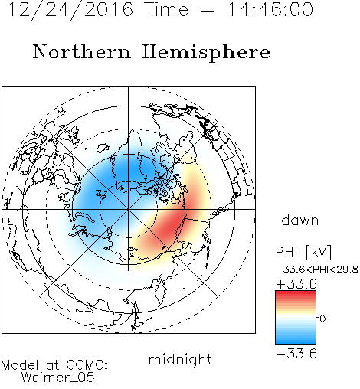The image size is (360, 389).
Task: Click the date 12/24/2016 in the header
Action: [70, 10]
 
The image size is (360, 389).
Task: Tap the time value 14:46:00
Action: [270, 10]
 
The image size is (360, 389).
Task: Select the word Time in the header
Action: [166, 10]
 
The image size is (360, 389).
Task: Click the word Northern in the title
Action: [82, 52]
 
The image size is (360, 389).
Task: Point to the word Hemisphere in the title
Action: [206, 52]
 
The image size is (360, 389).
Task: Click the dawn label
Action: [300, 220]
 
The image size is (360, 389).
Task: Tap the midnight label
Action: [180, 359]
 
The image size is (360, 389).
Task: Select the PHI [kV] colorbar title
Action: [303, 252]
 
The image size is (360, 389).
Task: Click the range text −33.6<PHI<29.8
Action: [317, 270]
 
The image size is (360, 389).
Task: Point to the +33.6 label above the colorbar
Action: [296, 284]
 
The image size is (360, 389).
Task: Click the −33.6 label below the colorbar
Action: [296, 354]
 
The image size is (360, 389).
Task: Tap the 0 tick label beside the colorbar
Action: [322, 319]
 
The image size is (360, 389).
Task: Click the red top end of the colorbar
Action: [296, 293]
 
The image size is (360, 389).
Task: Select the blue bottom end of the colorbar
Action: [296, 341]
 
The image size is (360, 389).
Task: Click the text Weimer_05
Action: [58, 378]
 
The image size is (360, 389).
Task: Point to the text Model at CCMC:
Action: [54, 365]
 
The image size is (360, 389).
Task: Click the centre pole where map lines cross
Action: [129, 209]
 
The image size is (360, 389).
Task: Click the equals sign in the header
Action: [208, 10]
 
